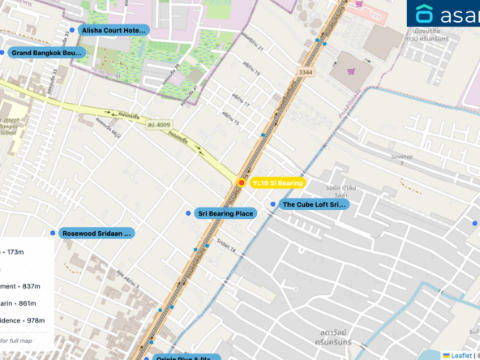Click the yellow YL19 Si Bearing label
[276, 183]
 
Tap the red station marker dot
[242, 182]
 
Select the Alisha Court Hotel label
[114, 30]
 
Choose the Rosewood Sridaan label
[96, 233]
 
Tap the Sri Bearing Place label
[225, 213]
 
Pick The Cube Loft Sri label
[313, 205]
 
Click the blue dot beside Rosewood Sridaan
[53, 233]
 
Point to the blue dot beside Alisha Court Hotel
[72, 30]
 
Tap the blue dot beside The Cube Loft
[273, 204]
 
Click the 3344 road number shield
[305, 73]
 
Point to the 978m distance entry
[31, 321]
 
